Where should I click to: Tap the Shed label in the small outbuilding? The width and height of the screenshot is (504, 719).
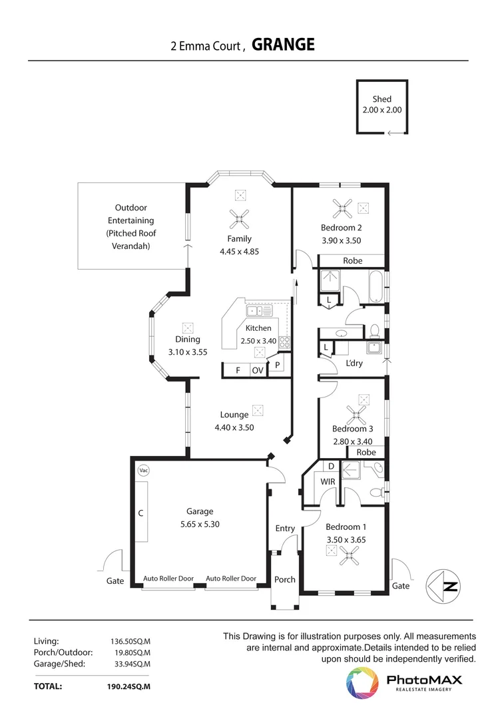(x=382, y=99)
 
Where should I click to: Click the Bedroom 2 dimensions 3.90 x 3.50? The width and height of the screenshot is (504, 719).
(x=341, y=240)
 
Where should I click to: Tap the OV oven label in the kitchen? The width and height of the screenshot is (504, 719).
(x=257, y=370)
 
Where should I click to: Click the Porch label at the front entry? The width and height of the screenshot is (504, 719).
(x=285, y=579)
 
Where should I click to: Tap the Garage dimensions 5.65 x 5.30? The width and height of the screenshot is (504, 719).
(x=200, y=524)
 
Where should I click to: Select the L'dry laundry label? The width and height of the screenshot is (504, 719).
(x=354, y=363)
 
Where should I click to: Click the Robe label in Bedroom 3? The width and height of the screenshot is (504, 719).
(x=366, y=452)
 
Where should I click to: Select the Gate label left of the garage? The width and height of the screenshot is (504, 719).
(x=115, y=581)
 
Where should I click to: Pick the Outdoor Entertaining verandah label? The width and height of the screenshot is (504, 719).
(x=130, y=226)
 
